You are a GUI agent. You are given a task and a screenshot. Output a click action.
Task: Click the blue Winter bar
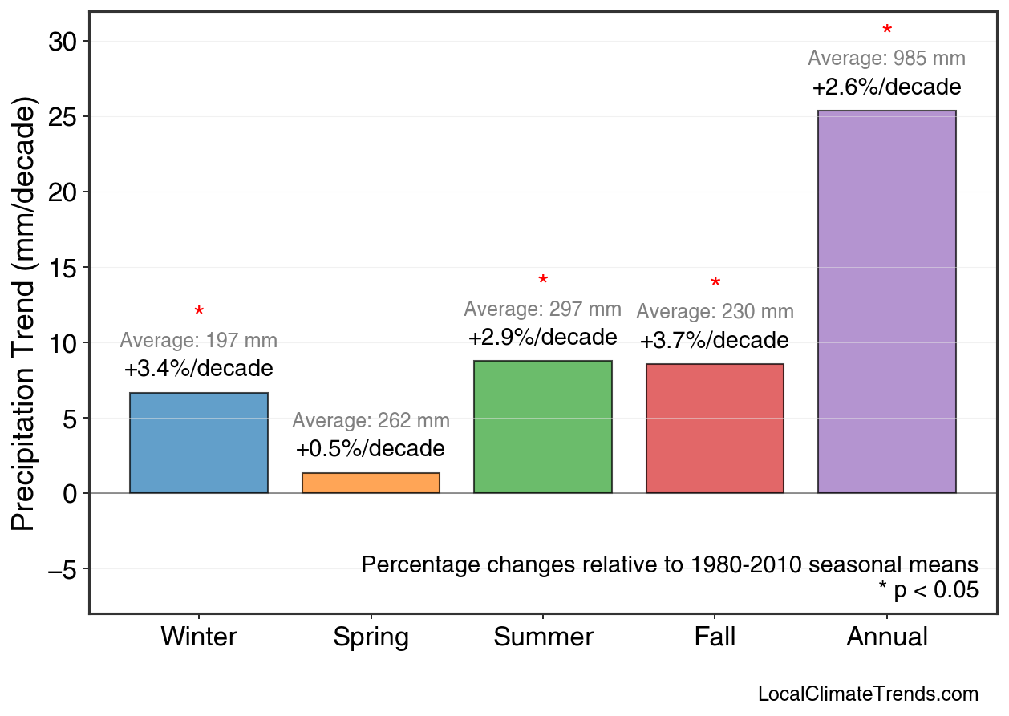coord(199,443)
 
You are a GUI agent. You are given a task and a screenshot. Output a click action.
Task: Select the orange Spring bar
coord(371,483)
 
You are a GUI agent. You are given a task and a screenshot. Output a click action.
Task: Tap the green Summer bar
coord(543,427)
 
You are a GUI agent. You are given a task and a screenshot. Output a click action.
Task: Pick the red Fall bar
coord(715,428)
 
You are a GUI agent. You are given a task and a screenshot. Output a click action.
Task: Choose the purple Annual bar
coord(886,301)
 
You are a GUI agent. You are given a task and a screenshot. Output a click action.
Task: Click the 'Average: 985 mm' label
coord(886,59)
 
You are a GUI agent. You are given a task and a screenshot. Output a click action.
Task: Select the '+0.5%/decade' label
coord(370,448)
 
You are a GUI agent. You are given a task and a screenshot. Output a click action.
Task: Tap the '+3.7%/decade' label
coord(714,341)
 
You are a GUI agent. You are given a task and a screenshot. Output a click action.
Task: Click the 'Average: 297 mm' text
coord(542,309)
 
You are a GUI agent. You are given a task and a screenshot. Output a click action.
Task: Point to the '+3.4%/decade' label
coord(198,369)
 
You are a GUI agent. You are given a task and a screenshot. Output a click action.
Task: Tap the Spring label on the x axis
coord(371,637)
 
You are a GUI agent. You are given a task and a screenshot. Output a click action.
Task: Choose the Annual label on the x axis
coord(886,637)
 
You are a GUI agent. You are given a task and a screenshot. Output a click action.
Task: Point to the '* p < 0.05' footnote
coord(928,591)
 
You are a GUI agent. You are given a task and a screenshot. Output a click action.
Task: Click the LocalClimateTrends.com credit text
coord(868,694)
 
